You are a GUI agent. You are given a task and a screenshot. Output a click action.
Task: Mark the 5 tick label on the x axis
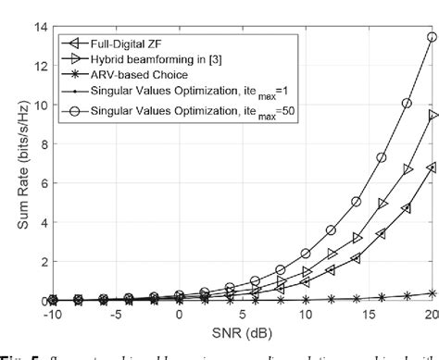(242, 316)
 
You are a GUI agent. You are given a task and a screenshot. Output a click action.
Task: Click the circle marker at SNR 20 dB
(431, 37)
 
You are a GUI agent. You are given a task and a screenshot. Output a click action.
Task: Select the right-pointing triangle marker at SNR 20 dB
(431, 115)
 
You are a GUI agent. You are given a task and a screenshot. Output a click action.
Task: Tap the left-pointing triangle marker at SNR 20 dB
(431, 168)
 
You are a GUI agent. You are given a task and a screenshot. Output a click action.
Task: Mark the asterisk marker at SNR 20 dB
(431, 293)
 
